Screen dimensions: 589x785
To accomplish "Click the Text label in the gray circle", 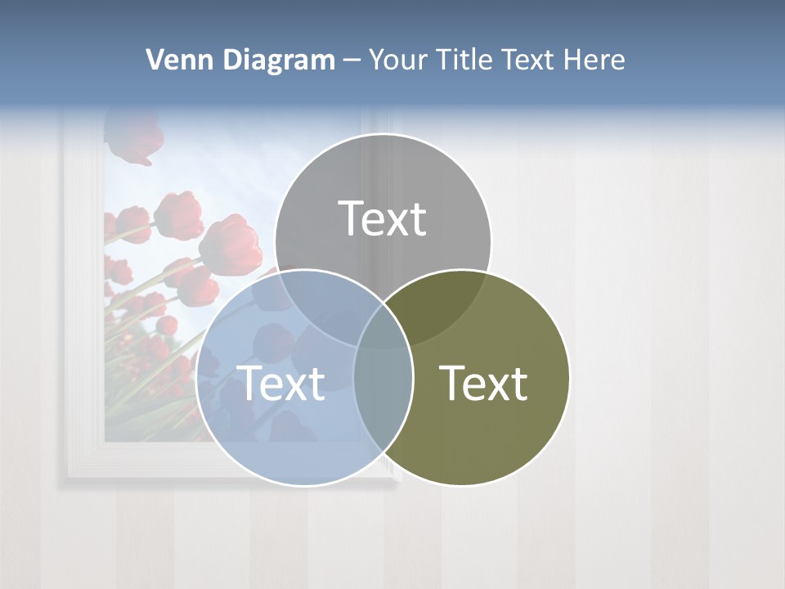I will point(383,218).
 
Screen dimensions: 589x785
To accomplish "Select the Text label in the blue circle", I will point(280,383).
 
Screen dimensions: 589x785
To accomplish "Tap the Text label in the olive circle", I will point(484,383).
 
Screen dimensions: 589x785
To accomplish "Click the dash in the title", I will point(352,60).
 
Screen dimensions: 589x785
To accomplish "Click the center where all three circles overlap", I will point(383,331).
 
